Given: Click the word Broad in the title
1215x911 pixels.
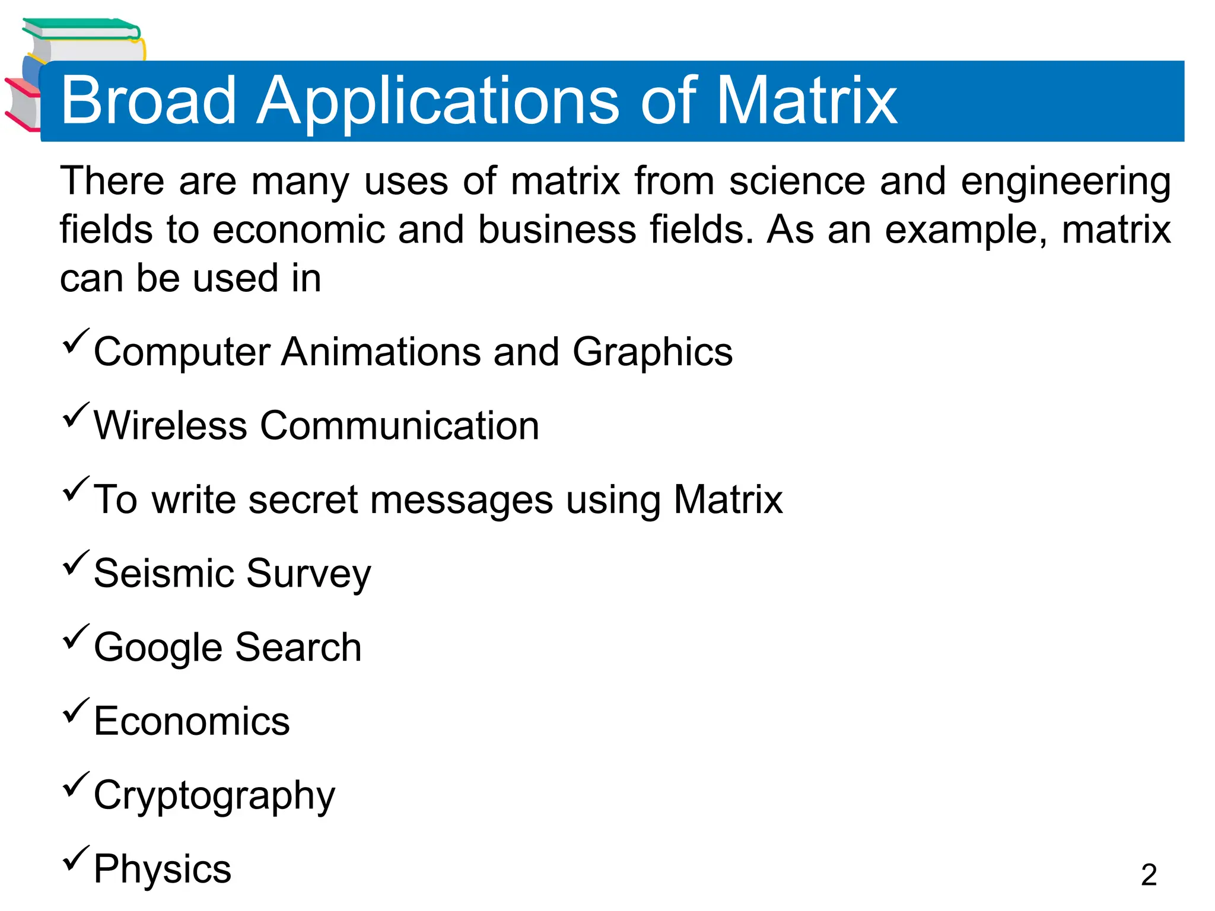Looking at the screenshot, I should click(148, 101).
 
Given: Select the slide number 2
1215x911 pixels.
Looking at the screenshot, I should click(1149, 875).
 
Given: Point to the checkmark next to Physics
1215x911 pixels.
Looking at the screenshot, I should click(75, 859).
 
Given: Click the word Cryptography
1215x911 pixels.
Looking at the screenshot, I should click(214, 796).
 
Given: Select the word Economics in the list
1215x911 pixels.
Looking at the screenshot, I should click(192, 721).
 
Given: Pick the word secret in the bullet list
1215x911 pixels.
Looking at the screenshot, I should click(303, 499).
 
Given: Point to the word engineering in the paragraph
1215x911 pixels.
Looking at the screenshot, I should click(1065, 181).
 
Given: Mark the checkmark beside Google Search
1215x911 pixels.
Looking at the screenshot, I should click(75, 637).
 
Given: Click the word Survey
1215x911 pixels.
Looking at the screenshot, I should click(308, 574).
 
